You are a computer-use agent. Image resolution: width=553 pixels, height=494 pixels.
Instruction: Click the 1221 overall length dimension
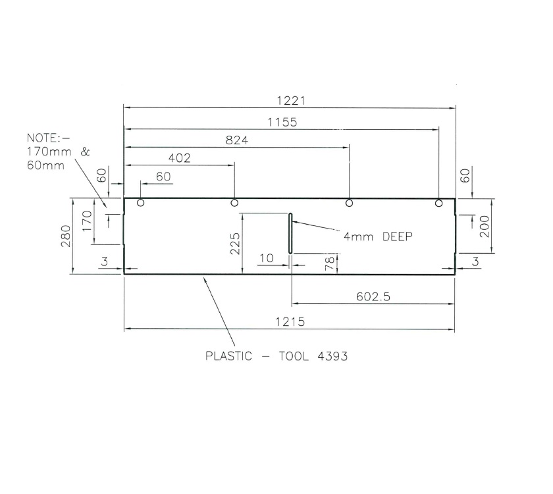pyautogui.click(x=290, y=101)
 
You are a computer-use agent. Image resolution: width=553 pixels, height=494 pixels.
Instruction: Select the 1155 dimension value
pyautogui.click(x=282, y=122)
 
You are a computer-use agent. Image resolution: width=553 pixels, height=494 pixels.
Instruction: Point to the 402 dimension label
pyautogui.click(x=179, y=158)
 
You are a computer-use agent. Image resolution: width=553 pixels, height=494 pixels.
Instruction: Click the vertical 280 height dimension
pyautogui.click(x=65, y=235)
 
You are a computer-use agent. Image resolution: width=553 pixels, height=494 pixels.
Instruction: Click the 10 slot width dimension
pyautogui.click(x=265, y=258)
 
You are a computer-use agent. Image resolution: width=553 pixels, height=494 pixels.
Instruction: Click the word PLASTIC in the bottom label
pyautogui.click(x=228, y=356)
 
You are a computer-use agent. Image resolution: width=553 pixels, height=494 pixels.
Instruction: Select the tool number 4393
pyautogui.click(x=330, y=356)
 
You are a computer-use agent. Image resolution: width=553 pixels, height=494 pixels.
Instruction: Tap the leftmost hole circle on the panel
pyautogui.click(x=140, y=203)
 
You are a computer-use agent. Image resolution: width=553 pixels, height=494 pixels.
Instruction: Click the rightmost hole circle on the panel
pyautogui.click(x=438, y=203)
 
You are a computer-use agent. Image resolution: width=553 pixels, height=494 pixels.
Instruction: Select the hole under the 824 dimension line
pyautogui.click(x=349, y=203)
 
